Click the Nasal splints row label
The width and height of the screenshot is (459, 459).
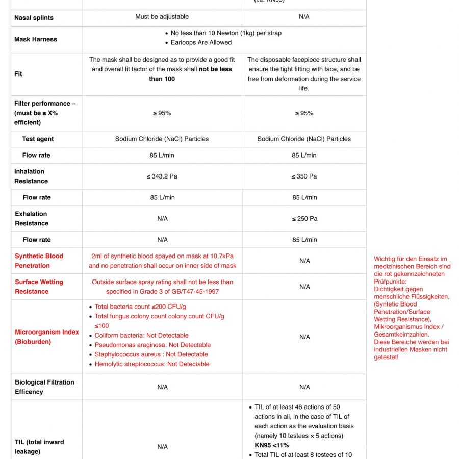[34, 18]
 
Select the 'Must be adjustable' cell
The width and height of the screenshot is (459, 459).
[162, 17]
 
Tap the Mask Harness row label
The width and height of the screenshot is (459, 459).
[36, 39]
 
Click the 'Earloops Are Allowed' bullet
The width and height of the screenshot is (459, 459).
[201, 43]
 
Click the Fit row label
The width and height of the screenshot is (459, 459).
[18, 74]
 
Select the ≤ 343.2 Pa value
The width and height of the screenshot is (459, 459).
[162, 176]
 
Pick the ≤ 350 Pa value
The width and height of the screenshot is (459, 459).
[304, 176]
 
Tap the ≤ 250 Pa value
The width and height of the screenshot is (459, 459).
[304, 219]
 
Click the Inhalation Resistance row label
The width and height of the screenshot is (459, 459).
[31, 176]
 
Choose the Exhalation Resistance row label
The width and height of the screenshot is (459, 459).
[31, 218]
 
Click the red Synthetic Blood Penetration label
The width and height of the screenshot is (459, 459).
[39, 261]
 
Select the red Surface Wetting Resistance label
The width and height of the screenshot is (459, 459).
[39, 287]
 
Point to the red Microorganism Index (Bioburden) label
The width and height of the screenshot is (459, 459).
[46, 337]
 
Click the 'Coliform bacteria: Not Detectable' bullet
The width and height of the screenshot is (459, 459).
[141, 336]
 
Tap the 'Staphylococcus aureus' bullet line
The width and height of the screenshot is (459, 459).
[151, 354]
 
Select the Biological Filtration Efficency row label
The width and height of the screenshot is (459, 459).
[44, 387]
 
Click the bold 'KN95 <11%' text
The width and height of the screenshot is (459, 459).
[272, 445]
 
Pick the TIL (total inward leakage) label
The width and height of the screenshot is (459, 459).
[39, 447]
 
